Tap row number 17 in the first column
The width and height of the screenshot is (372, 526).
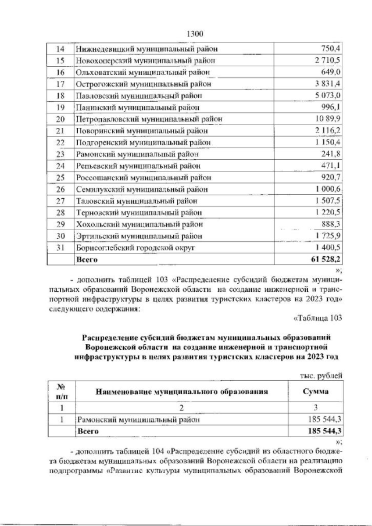point(59,84)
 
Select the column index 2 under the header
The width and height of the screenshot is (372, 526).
point(182,407)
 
